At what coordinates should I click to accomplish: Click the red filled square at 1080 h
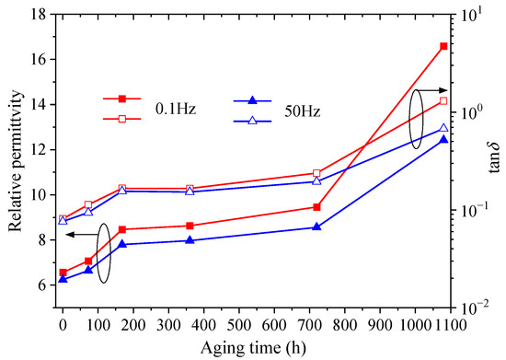tap(443, 46)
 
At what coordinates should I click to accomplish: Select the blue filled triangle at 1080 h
tap(443, 139)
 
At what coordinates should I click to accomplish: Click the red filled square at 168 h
tap(122, 229)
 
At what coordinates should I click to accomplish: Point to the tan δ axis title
tap(497, 157)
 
